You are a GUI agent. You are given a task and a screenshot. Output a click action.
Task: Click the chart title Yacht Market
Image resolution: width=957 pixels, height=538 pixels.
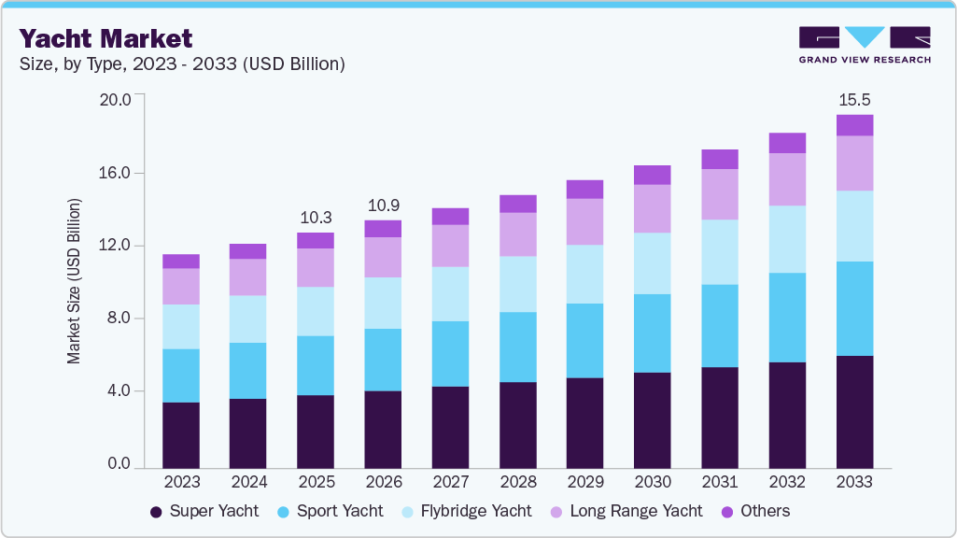106,38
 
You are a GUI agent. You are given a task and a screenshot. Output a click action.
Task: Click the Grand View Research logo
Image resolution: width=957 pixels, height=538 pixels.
864,44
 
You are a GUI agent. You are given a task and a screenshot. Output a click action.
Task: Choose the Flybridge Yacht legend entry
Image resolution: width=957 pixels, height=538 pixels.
470,511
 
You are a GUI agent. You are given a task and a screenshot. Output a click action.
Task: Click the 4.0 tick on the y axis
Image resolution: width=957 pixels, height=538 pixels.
120,391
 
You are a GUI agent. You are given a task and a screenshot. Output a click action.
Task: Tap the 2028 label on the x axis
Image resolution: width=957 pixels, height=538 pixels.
518,482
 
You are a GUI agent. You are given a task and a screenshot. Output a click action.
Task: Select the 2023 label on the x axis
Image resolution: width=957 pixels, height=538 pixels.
181,482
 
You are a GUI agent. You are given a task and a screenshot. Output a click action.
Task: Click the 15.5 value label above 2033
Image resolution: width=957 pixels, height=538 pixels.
854,98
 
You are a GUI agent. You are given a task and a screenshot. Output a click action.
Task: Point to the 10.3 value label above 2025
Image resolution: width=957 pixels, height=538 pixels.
316,217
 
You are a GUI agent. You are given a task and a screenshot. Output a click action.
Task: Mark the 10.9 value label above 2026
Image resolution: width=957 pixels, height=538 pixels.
383,204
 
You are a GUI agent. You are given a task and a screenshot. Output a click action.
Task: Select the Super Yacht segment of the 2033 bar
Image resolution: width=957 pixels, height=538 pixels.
854,411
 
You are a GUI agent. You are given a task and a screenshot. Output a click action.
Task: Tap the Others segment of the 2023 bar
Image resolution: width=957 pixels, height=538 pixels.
181,262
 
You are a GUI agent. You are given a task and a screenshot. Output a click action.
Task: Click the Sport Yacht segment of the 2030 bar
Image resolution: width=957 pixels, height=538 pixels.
652,333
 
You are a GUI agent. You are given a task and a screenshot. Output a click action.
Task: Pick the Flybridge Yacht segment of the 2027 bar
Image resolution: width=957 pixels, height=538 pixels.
450,294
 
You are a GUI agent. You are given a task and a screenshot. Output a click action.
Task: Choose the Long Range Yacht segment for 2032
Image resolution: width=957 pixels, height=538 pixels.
787,179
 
